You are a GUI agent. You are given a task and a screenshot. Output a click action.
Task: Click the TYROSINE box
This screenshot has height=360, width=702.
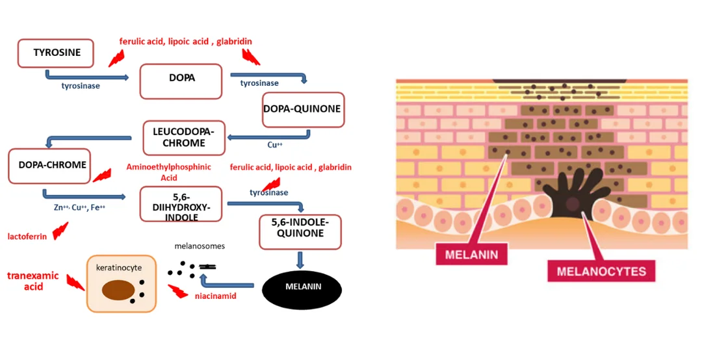tap(57, 53)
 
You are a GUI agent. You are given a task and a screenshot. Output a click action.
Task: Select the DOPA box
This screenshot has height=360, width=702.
tap(181, 81)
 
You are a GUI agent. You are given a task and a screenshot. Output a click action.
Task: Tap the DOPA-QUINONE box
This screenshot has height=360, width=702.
tap(302, 109)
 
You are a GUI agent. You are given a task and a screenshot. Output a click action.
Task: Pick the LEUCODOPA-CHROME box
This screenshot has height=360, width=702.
tap(183, 138)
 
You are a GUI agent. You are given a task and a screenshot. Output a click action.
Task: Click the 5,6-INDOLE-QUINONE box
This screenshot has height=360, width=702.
tap(300, 231)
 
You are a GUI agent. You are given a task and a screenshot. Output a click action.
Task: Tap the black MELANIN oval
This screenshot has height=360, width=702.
tap(302, 287)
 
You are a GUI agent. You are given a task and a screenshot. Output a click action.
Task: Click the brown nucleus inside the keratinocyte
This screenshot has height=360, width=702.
tap(118, 290)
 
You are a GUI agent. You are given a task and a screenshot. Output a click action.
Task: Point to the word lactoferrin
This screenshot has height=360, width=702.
tap(27, 237)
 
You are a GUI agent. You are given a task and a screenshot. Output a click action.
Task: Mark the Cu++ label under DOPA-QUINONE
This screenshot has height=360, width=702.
tap(275, 145)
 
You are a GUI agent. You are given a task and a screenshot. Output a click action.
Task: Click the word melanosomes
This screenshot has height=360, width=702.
tap(200, 247)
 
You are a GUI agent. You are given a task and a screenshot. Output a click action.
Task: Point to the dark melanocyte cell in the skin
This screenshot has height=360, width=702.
tap(572, 194)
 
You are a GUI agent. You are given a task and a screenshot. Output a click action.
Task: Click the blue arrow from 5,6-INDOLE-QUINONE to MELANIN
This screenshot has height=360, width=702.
tap(300, 260)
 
